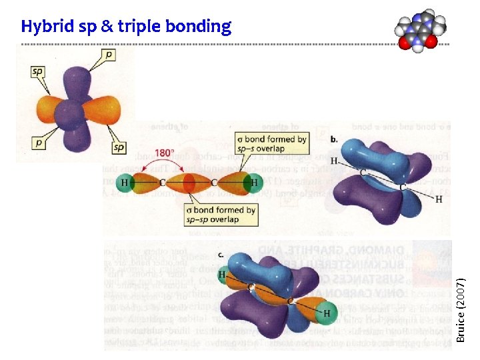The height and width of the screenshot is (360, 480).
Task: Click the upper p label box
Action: coord(109,54)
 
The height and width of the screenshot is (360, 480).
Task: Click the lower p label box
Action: coord(39,141)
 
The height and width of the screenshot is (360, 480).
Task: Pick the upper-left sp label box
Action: coord(38,71)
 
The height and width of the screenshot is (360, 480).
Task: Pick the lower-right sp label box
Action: coord(119,147)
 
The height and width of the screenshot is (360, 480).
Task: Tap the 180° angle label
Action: coord(164,153)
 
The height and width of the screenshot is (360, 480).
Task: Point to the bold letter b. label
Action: coord(333,140)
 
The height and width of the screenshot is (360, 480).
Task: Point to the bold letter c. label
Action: coord(221,255)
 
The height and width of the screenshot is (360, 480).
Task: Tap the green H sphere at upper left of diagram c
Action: coord(223,274)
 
